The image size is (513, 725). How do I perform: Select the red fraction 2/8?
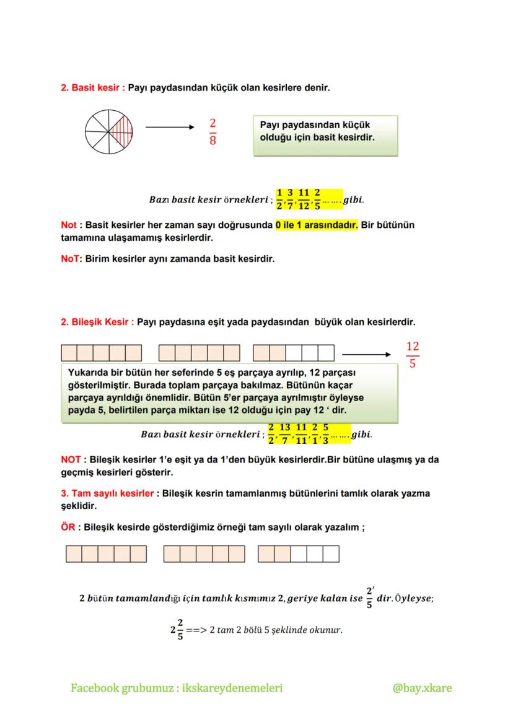[213, 132]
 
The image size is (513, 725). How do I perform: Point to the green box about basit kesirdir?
[325, 134]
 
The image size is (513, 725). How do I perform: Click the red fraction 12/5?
[412, 354]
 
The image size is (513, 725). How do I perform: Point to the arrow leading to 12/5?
[366, 355]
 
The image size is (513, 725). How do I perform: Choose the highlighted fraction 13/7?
[285, 433]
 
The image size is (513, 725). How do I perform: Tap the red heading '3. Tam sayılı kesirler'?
[107, 493]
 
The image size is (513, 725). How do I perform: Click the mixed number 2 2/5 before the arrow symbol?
[177, 630]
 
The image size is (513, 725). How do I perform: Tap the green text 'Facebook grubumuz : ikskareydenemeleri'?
[177, 688]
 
